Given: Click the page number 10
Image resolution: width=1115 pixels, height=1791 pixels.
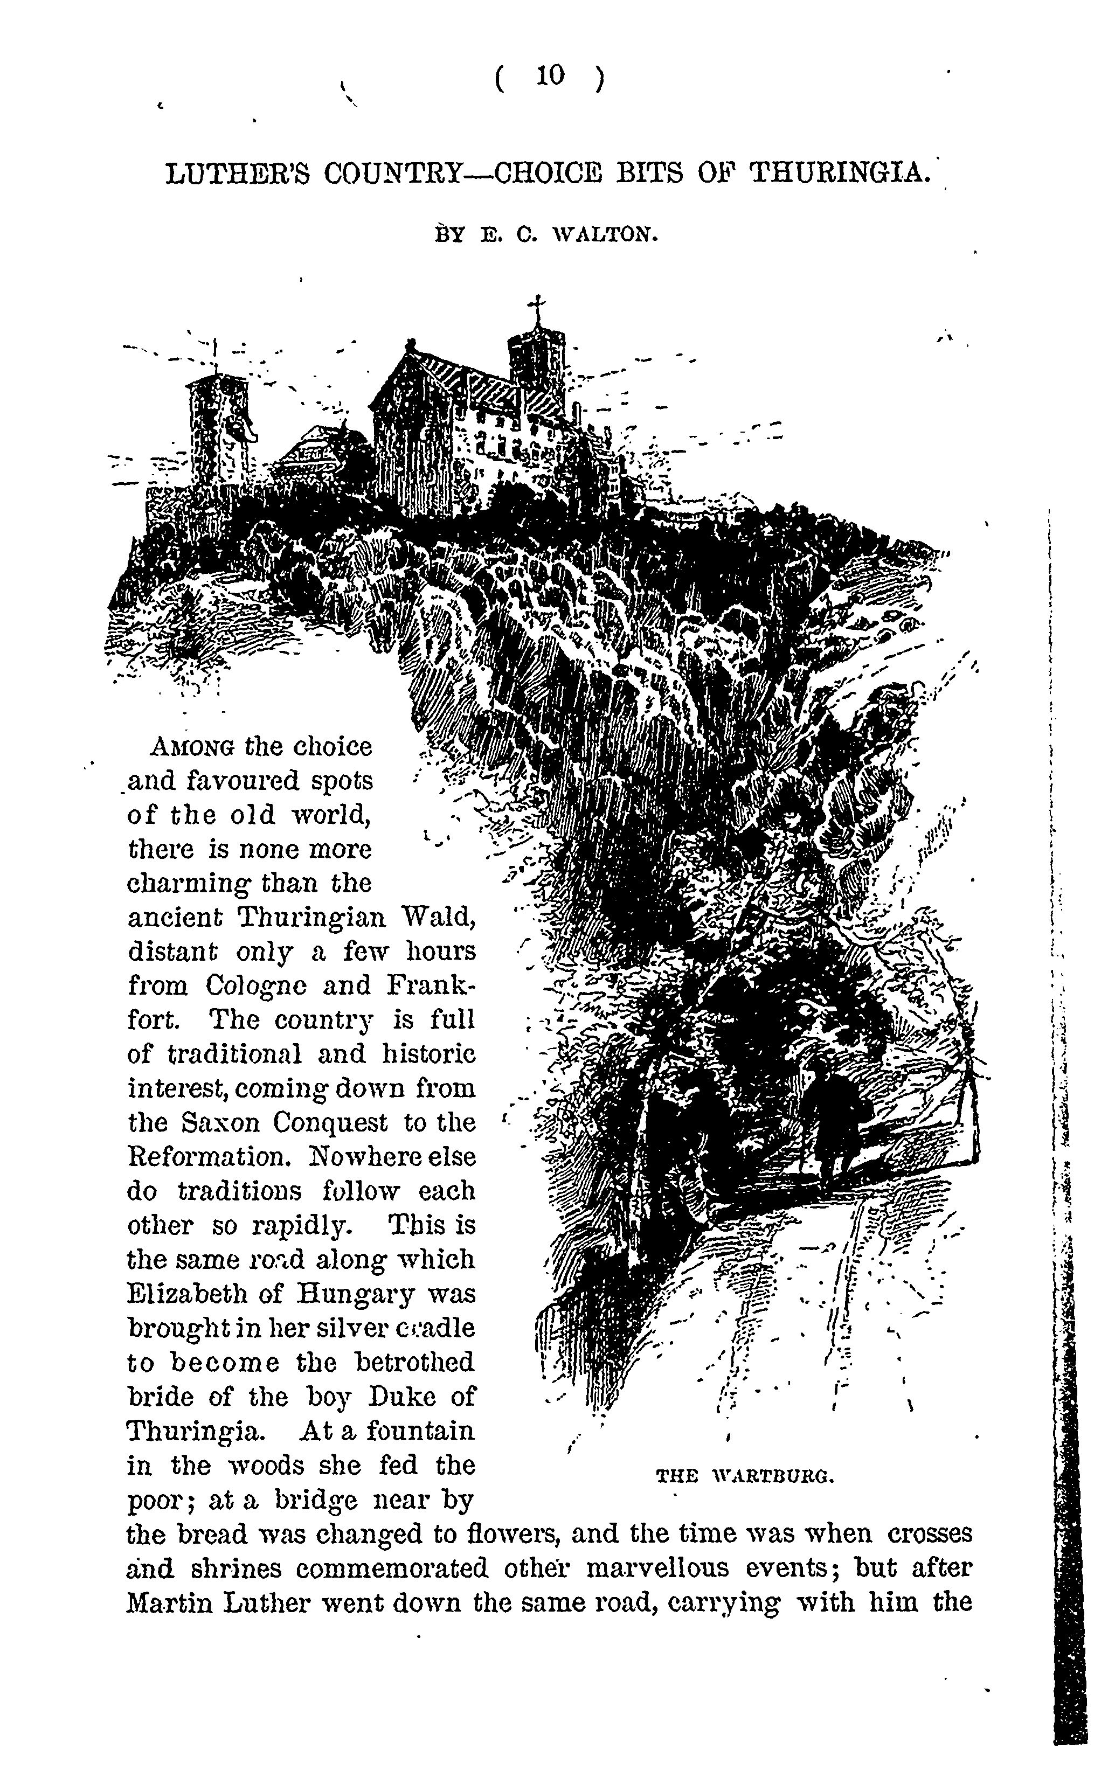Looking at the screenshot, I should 550,75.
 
